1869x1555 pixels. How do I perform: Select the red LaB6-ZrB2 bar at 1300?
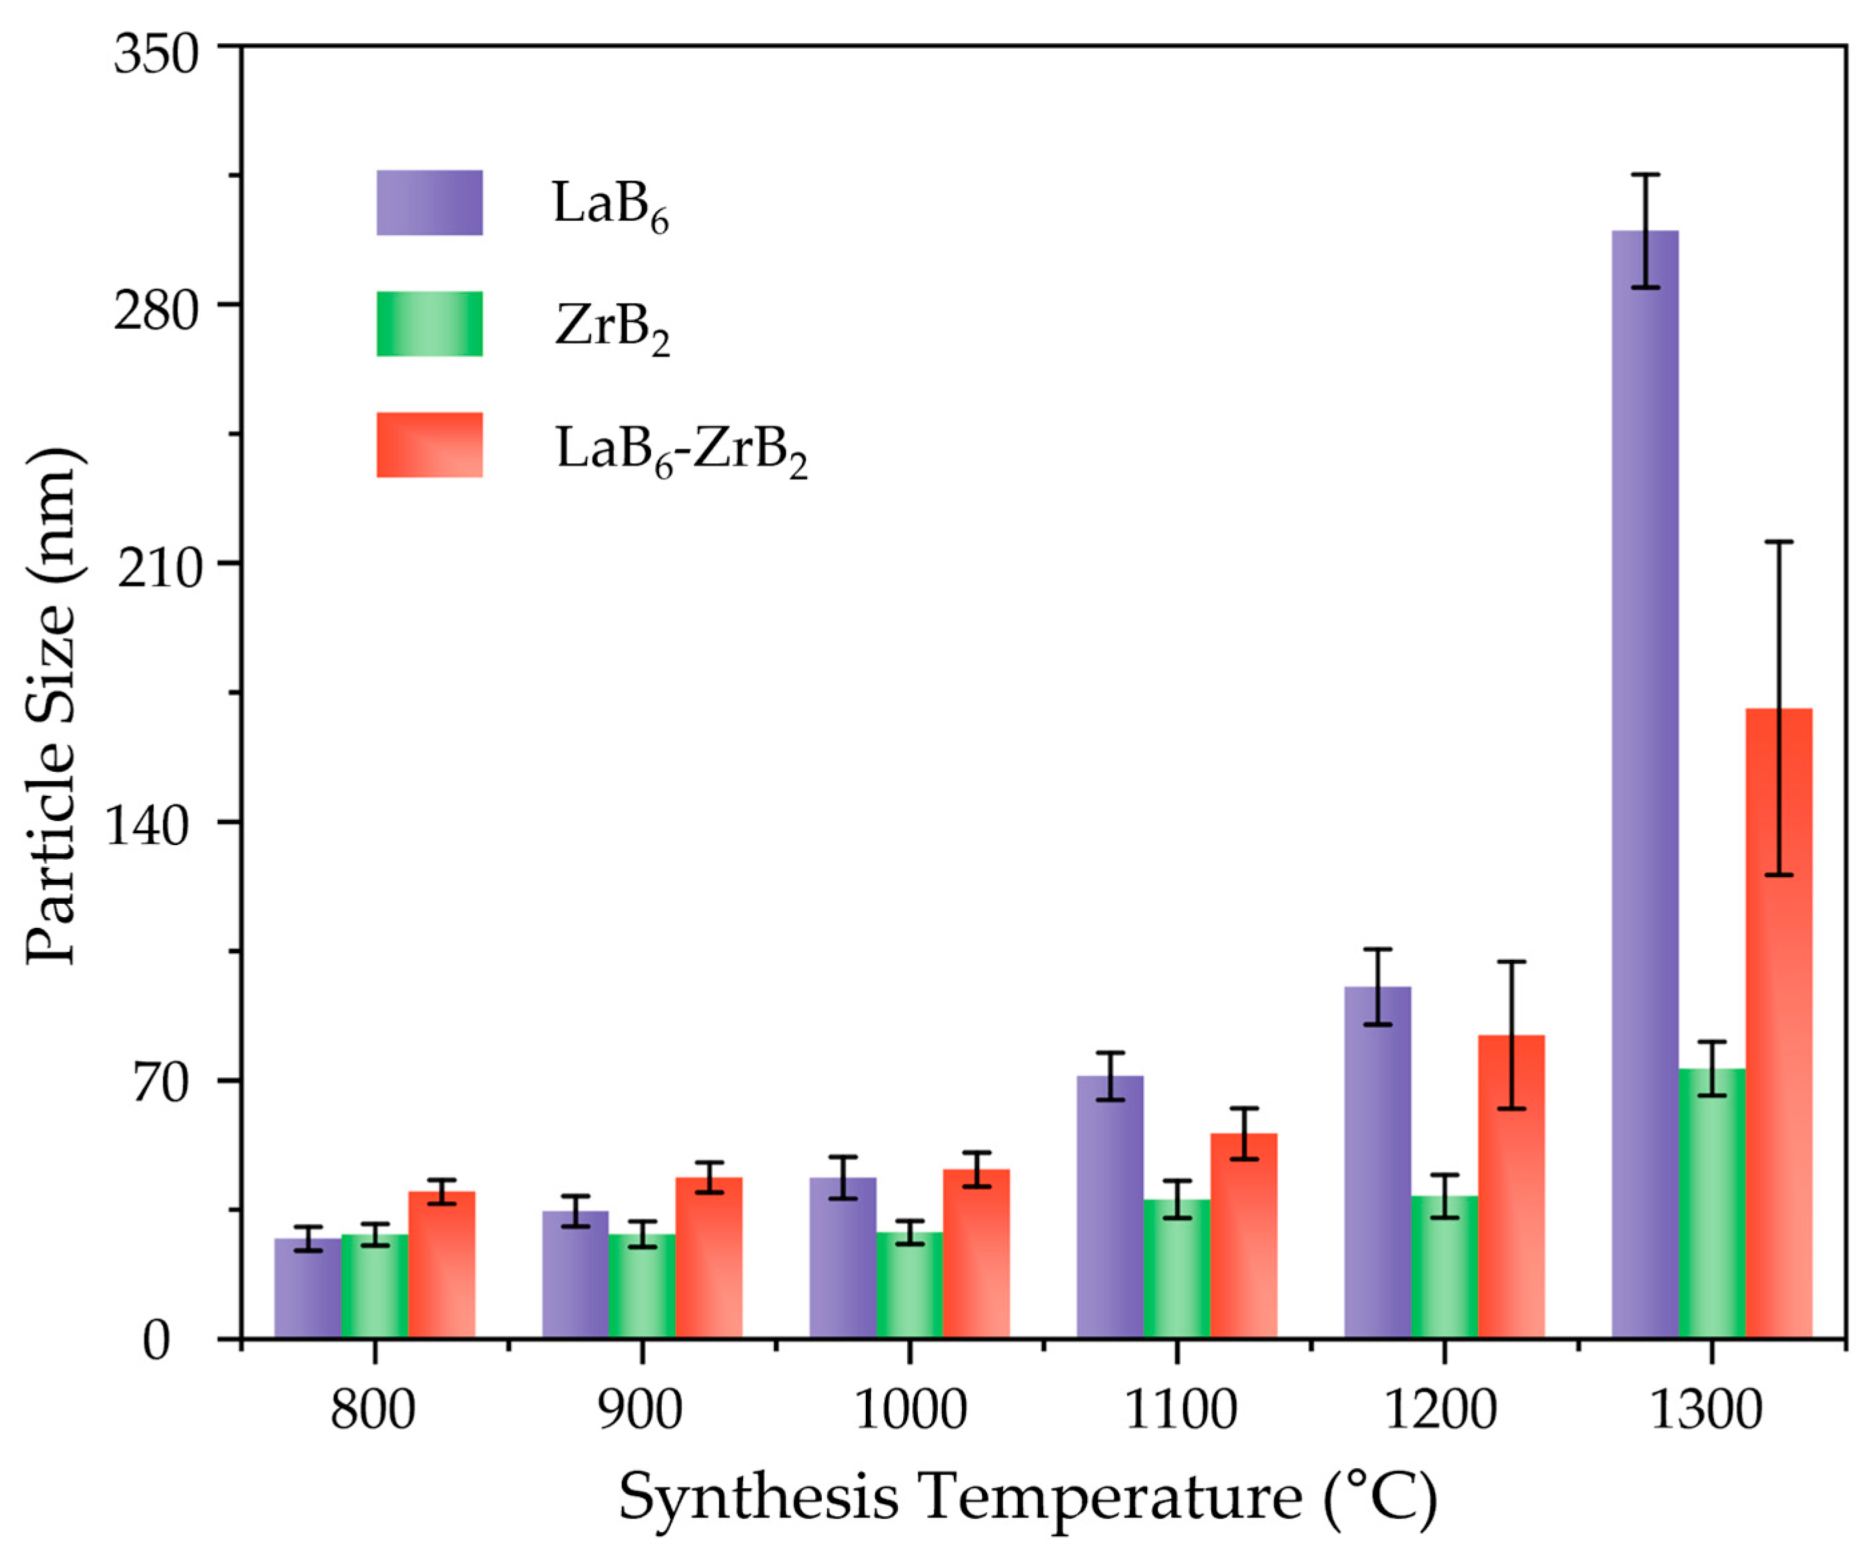(1778, 1024)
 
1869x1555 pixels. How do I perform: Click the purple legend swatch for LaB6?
(429, 203)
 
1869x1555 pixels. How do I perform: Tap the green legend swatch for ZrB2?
(429, 324)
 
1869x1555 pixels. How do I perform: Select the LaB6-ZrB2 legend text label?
(681, 449)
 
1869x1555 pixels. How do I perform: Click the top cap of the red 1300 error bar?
(1778, 542)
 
